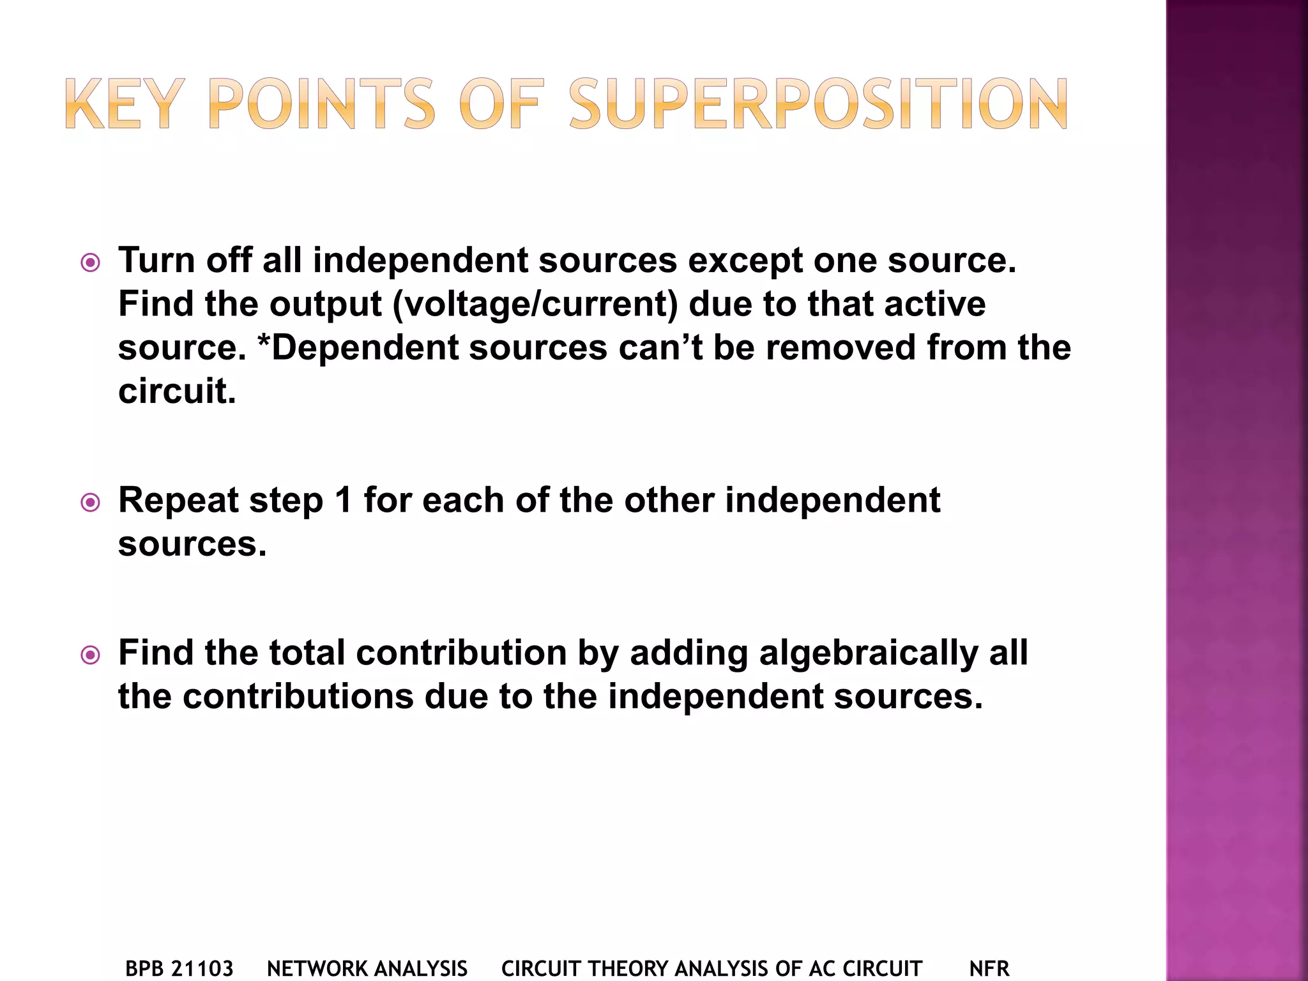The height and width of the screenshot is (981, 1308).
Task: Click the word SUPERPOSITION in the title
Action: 818,104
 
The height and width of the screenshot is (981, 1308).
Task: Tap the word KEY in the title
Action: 122,104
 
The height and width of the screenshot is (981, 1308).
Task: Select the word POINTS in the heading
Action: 321,104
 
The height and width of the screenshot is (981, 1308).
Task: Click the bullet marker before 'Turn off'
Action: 91,262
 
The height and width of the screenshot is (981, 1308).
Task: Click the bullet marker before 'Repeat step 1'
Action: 91,503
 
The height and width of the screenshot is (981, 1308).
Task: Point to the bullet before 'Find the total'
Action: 91,655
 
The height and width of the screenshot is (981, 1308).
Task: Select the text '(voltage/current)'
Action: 535,304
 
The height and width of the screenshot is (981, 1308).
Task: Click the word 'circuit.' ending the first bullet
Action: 177,391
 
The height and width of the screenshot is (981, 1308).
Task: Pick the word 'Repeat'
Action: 178,501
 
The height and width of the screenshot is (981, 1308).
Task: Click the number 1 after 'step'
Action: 343,500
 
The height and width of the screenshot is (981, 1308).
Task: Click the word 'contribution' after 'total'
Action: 461,653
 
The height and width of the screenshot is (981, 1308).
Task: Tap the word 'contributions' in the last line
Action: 298,696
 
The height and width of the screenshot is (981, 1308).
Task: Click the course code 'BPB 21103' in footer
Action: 179,969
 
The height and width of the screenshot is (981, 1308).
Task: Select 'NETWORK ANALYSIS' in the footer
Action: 367,969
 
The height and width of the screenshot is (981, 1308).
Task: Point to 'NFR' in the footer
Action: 989,969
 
